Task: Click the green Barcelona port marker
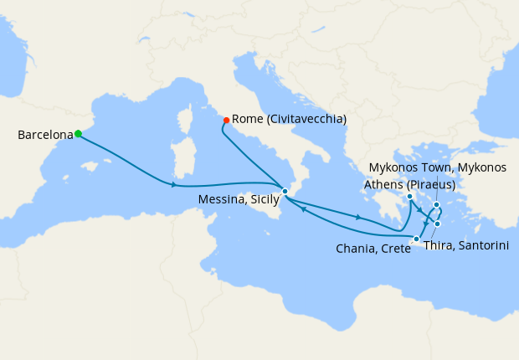tap(78, 133)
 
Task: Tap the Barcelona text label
tap(44, 134)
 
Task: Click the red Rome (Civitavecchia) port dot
tap(227, 120)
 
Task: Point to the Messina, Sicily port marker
tap(285, 192)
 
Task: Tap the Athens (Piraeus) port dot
tap(409, 197)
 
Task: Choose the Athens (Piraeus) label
tap(410, 184)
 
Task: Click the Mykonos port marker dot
tap(437, 204)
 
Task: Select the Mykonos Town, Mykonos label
tap(438, 167)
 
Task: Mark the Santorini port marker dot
tap(438, 224)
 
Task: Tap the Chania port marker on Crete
tap(417, 239)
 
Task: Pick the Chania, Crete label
tap(373, 249)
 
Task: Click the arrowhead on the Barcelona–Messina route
tap(173, 184)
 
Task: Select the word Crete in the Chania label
tap(394, 249)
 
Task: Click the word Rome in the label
tap(246, 120)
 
